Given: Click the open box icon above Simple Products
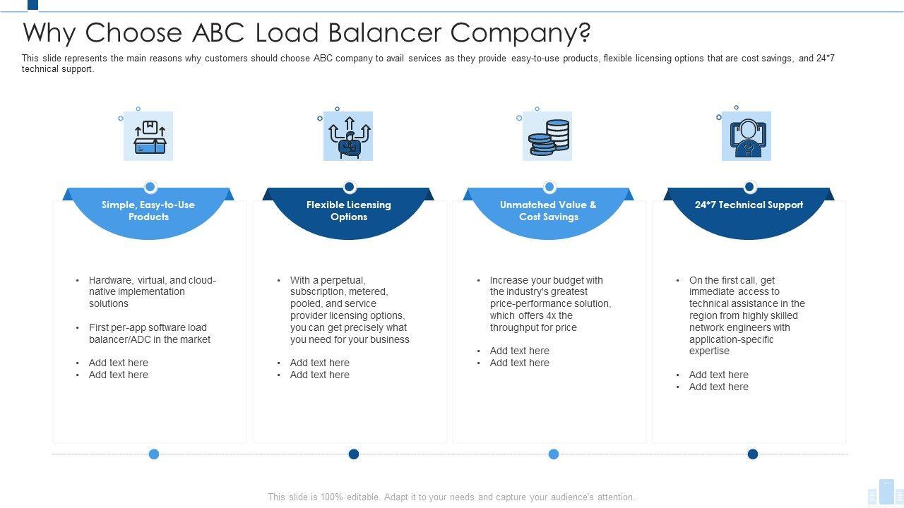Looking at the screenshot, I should [x=149, y=137].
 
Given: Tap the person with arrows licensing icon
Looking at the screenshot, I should [x=348, y=137].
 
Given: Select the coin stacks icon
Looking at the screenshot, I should [x=548, y=137].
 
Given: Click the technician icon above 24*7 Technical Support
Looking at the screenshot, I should [x=747, y=137].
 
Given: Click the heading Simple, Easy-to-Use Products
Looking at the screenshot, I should [x=148, y=211].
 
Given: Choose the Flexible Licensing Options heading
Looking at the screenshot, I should [x=349, y=211].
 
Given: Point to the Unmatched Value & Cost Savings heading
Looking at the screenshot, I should [x=549, y=211].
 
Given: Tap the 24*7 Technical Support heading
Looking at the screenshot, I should [x=749, y=205].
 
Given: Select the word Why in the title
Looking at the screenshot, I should [x=49, y=33].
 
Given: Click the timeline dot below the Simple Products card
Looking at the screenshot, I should [x=154, y=454].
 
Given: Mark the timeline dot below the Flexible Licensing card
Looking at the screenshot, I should [x=354, y=454].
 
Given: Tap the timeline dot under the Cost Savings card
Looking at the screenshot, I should [x=554, y=454].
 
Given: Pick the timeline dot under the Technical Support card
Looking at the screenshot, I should [x=753, y=454].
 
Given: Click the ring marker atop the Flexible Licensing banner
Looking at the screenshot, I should [x=350, y=187].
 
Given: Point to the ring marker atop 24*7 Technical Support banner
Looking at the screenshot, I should [x=749, y=187].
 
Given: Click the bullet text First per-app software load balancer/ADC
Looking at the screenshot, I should [x=149, y=334].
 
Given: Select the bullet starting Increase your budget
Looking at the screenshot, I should [x=550, y=304].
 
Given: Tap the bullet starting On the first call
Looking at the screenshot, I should [x=747, y=315].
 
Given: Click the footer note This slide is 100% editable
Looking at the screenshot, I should [x=451, y=497].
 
